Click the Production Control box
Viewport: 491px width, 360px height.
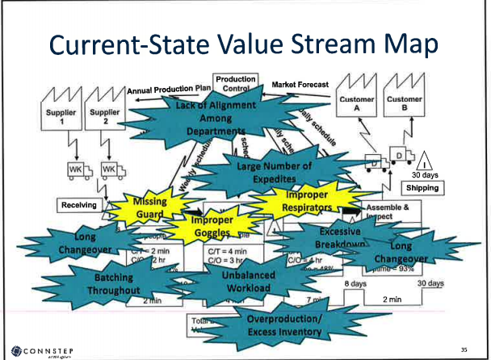pos(236,84)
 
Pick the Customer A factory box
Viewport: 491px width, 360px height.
pos(356,103)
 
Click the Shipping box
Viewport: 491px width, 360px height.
pos(423,187)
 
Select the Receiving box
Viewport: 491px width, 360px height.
pos(79,205)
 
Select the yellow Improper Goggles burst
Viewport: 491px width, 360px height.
pos(212,226)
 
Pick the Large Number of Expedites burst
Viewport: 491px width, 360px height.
pos(274,172)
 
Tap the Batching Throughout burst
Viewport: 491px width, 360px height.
pos(114,283)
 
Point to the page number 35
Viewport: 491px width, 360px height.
pos(464,350)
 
